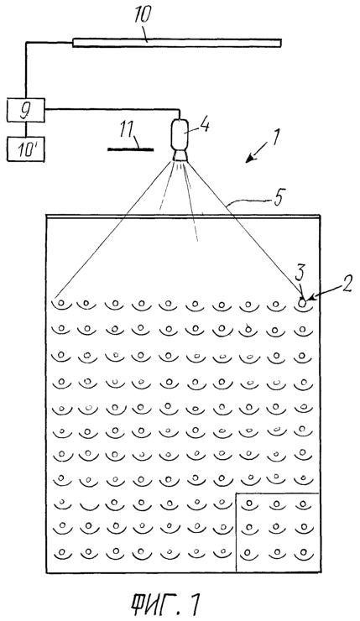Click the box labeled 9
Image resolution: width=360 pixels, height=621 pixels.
tap(26, 110)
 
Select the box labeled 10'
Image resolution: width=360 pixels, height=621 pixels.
tap(26, 149)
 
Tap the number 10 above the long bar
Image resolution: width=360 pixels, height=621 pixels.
tap(141, 17)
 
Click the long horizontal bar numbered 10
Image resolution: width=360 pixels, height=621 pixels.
tap(177, 43)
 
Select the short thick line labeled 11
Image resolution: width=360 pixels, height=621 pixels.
tap(130, 149)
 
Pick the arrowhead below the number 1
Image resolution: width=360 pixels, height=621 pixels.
tap(249, 159)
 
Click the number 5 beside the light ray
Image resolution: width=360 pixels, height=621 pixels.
tap(278, 197)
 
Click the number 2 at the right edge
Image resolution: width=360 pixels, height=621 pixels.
tap(347, 284)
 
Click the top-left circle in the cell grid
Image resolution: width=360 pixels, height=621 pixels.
tap(61, 303)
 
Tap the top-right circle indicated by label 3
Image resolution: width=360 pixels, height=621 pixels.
tap(302, 304)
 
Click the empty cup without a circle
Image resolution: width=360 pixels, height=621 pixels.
tap(88, 507)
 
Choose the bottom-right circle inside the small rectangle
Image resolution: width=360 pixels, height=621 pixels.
tap(304, 551)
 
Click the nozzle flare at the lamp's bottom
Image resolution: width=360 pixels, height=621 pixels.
tap(181, 155)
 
